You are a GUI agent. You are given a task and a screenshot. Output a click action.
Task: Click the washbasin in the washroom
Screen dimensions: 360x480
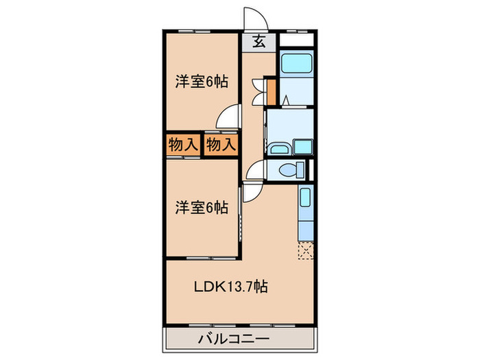pos(279,149)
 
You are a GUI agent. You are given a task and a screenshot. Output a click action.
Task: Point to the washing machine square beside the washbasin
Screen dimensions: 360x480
pos(302,146)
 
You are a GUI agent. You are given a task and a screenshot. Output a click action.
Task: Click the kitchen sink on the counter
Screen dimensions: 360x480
pos(306,200)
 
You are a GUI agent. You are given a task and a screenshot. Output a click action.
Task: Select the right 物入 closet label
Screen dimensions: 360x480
pos(221,145)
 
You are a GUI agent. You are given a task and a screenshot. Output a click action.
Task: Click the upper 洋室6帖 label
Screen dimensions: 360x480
pos(202,82)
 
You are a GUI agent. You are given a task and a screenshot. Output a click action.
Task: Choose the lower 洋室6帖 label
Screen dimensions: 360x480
pos(202,206)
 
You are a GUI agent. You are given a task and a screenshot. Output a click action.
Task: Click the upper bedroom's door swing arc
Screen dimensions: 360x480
pos(228,115)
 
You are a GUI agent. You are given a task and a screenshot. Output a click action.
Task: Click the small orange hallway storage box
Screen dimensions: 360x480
pos(271,90)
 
